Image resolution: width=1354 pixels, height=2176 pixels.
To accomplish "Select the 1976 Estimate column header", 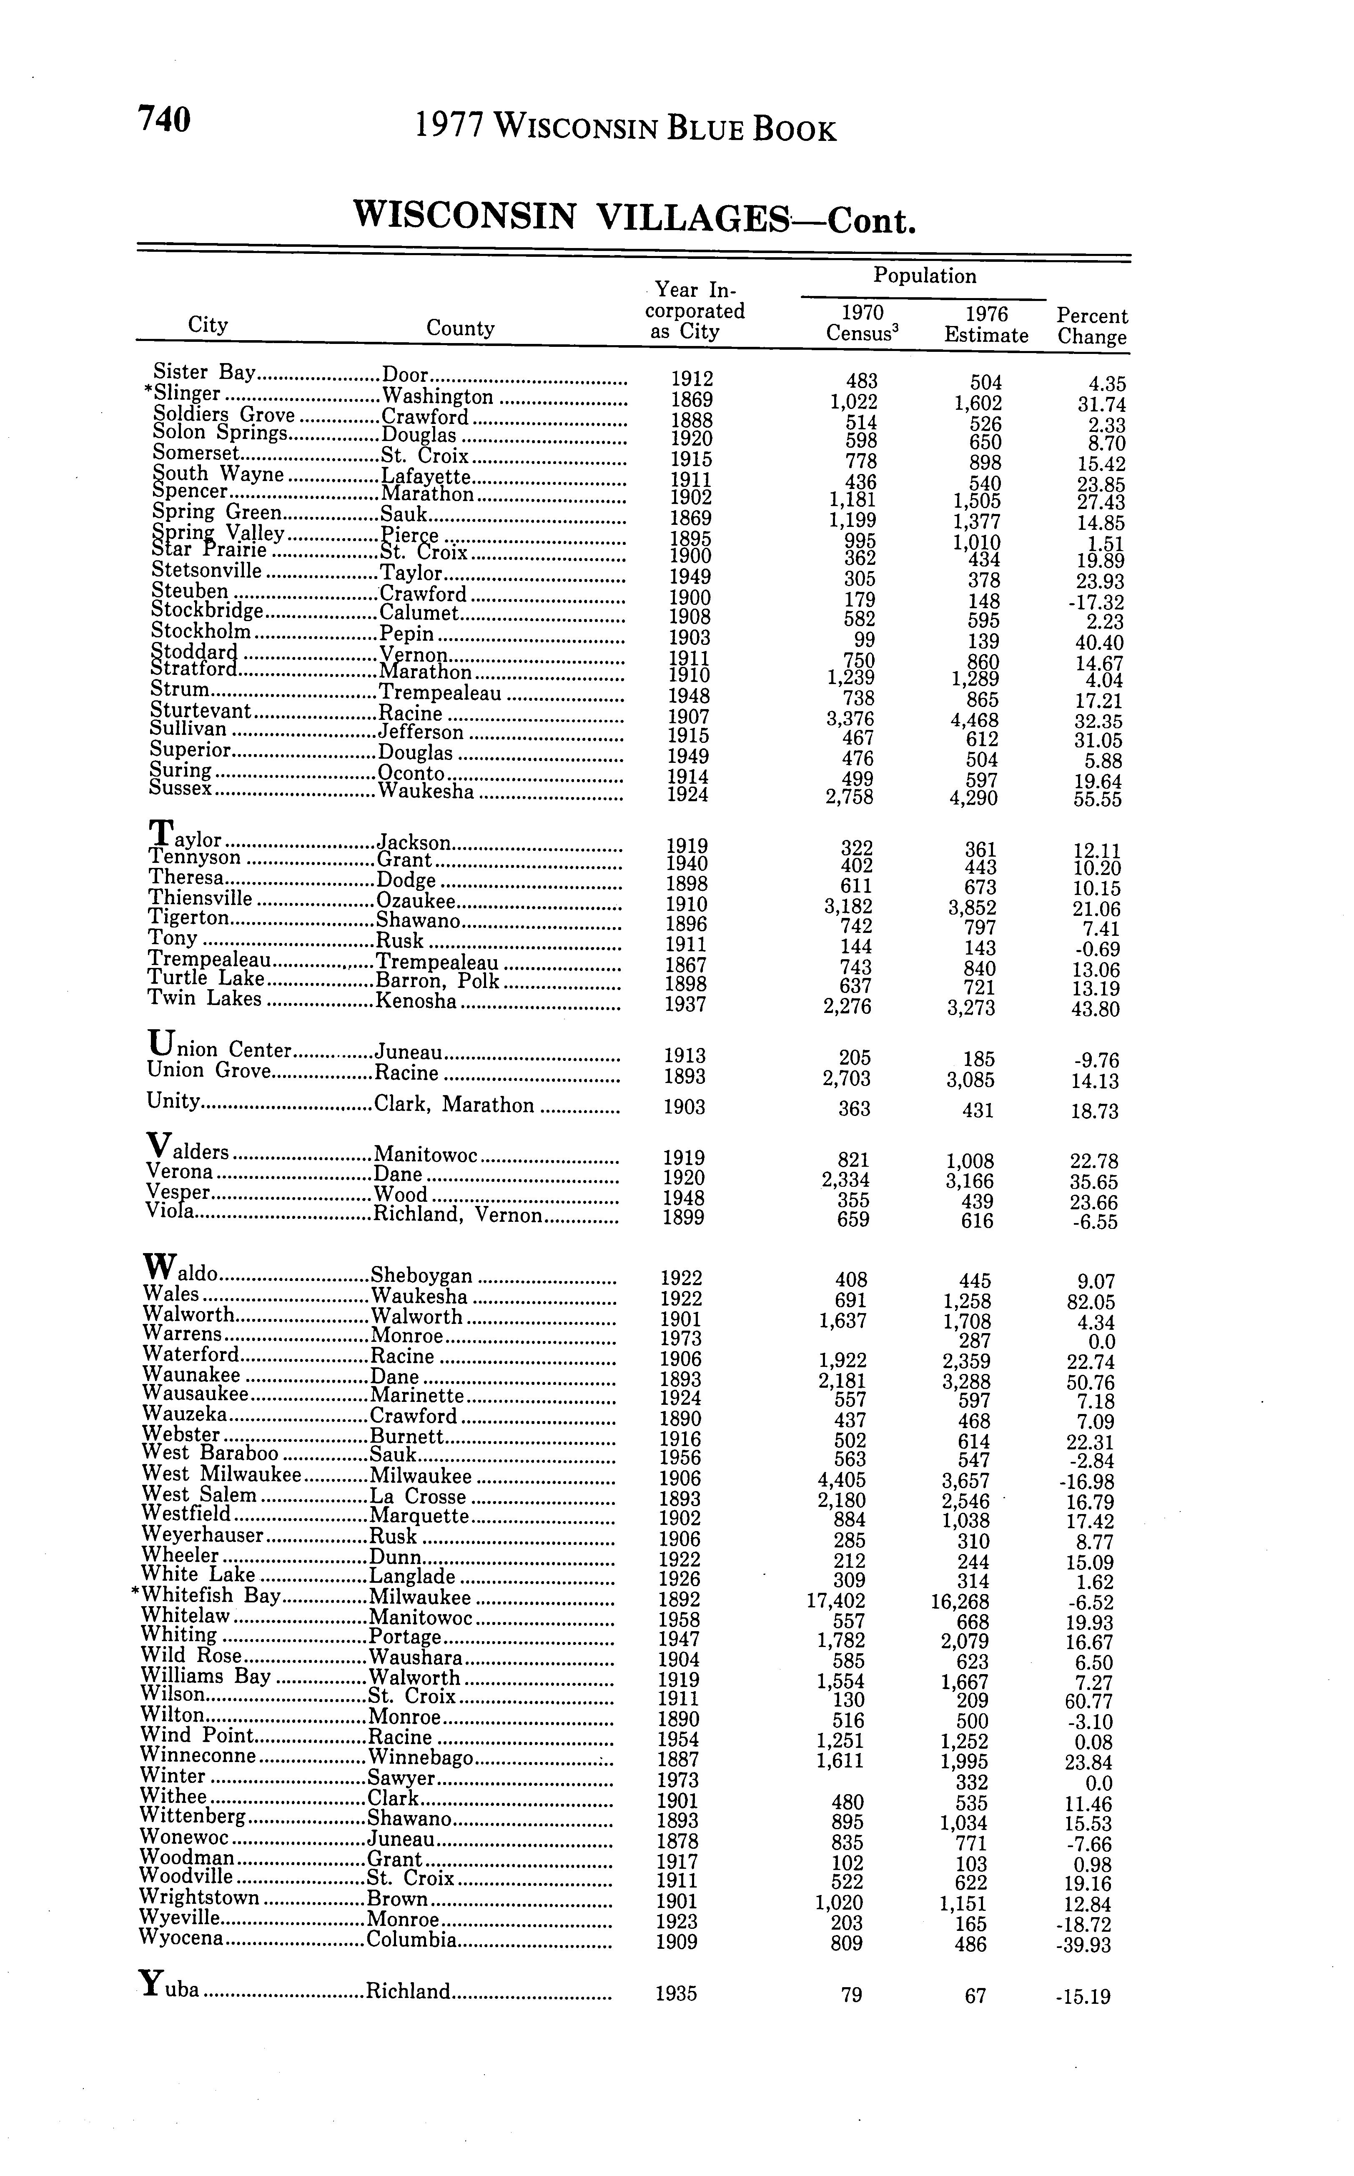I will pyautogui.click(x=986, y=325).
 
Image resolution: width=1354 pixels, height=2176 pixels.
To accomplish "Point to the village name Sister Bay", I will pyautogui.click(x=205, y=371).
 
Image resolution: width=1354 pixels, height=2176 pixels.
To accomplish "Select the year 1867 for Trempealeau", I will pyautogui.click(x=686, y=965).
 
